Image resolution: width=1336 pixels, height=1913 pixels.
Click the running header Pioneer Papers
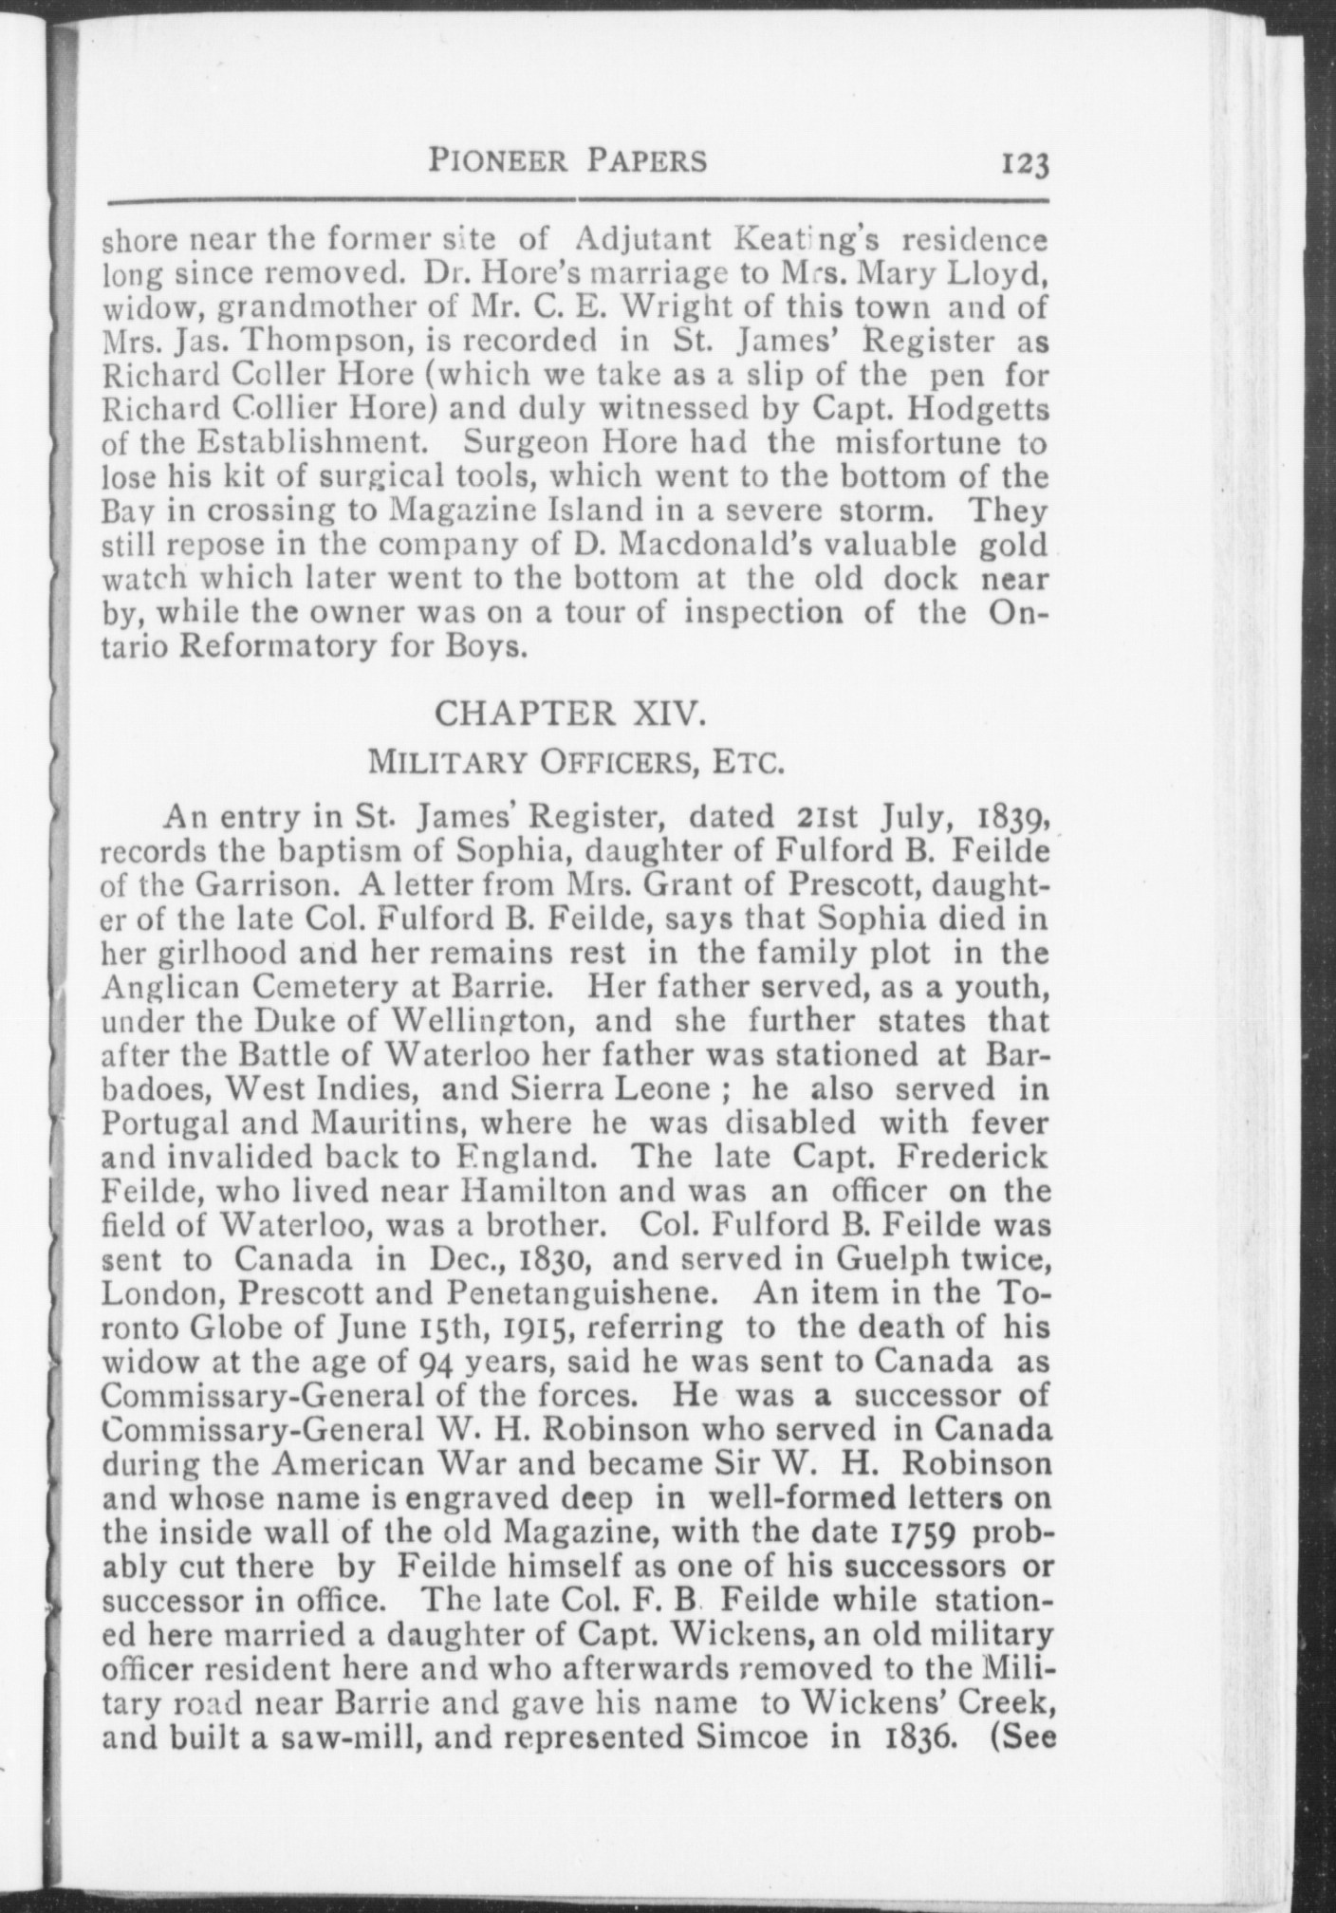pos(567,159)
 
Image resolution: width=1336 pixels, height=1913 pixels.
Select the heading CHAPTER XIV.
pos(569,713)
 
